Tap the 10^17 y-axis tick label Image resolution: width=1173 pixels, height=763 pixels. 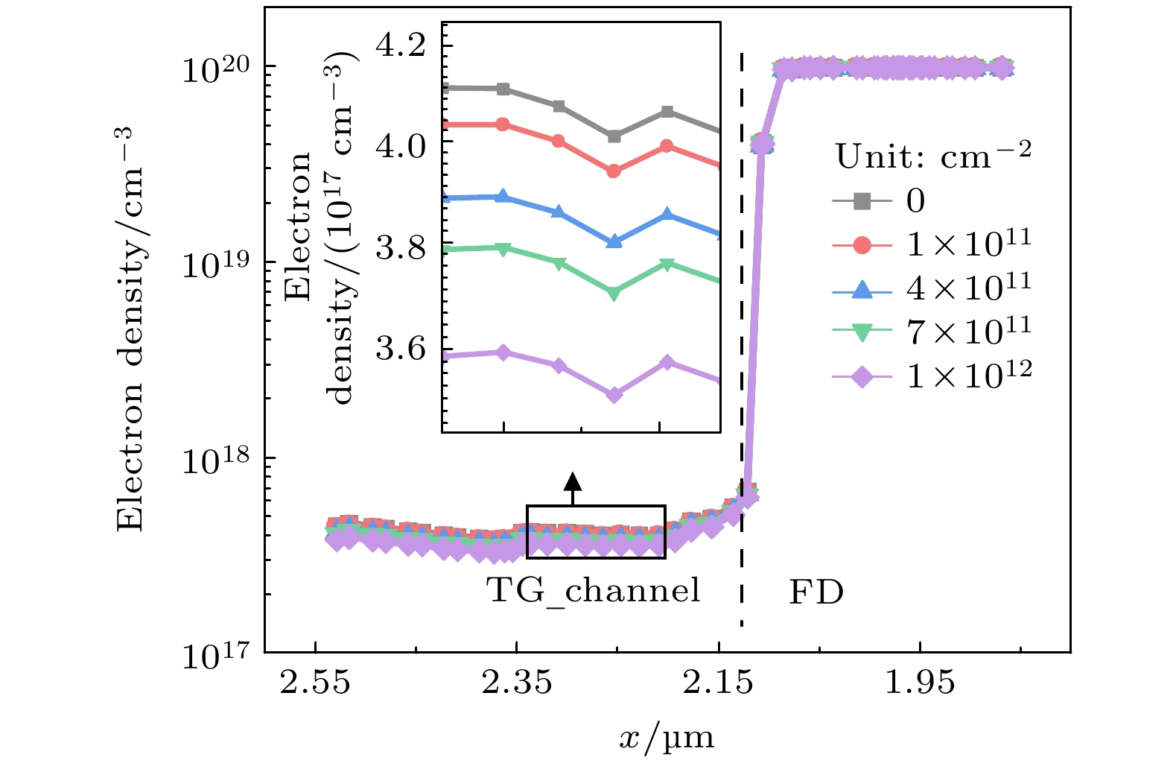[215, 656]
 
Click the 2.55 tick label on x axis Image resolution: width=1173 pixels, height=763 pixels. [315, 682]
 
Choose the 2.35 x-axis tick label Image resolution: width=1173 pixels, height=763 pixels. [517, 682]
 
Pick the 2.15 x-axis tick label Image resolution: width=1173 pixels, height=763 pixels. [719, 682]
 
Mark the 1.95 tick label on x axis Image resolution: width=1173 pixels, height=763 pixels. [920, 682]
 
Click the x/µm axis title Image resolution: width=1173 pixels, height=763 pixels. [667, 738]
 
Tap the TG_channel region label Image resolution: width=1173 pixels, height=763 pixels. [594, 591]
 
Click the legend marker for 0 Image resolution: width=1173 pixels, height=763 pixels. [862, 201]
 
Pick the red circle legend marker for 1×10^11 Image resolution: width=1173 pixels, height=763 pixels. [862, 244]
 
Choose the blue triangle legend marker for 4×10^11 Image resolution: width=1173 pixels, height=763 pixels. [862, 288]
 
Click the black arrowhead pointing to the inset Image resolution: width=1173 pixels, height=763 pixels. [572, 480]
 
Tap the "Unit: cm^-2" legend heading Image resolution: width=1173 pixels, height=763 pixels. [933, 156]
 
